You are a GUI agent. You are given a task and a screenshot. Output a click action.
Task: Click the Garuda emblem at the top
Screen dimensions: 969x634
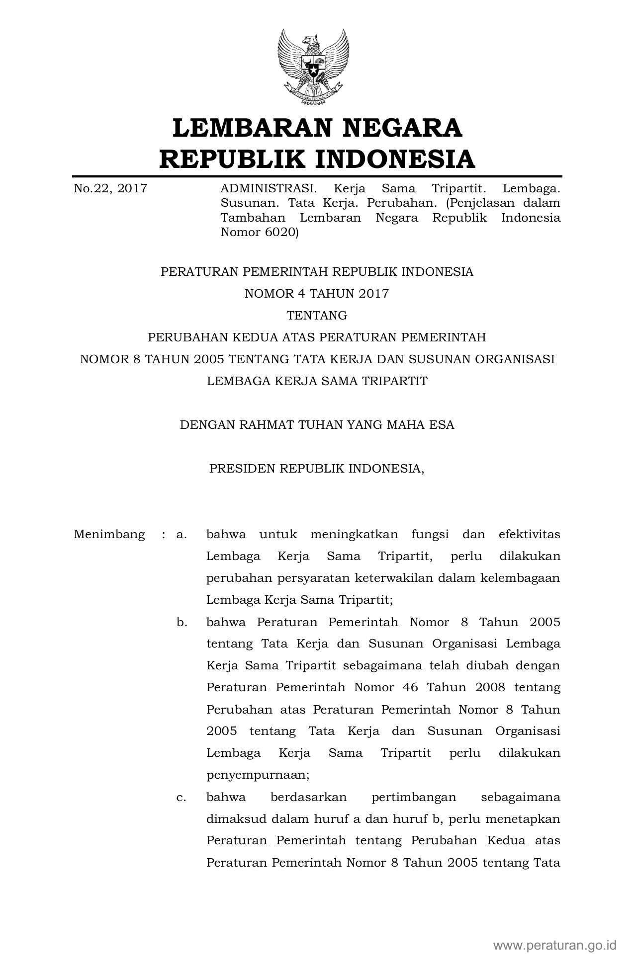coord(313,67)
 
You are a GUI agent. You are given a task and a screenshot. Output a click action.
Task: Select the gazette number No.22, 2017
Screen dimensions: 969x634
coord(110,188)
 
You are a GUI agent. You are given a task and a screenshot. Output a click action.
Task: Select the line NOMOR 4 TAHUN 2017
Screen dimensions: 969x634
coord(317,294)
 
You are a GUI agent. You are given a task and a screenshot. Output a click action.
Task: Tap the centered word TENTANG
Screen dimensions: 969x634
coord(317,316)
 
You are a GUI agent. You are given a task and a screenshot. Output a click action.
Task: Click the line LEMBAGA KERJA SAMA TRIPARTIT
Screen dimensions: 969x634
coord(317,381)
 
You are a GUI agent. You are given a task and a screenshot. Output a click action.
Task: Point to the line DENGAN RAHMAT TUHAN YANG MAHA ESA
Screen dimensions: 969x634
coord(317,425)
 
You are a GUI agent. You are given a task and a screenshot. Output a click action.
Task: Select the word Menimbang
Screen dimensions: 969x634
coord(109,535)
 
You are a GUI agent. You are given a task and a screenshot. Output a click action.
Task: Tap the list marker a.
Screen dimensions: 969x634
coord(181,535)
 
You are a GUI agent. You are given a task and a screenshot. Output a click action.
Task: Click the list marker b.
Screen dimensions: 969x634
coord(181,622)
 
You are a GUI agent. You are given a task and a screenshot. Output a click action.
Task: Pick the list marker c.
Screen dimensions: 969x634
coord(181,797)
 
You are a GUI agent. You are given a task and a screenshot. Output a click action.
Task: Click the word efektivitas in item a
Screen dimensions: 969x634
coord(529,535)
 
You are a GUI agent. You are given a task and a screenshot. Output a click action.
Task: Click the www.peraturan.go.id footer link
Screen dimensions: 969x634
coord(555,945)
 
